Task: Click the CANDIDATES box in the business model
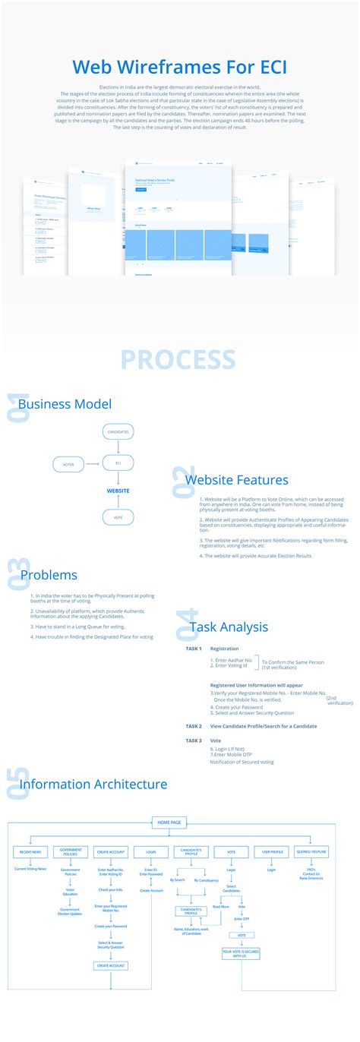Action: click(118, 432)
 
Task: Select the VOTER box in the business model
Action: click(68, 463)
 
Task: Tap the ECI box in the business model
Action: click(118, 463)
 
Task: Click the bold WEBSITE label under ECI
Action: click(118, 491)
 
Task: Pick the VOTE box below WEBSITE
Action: click(118, 517)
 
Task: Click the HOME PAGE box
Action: click(169, 822)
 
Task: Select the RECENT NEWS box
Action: click(30, 852)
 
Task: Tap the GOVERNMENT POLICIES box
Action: click(71, 852)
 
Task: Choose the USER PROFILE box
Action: click(271, 852)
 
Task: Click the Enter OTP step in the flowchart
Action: click(242, 919)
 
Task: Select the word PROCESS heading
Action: click(178, 359)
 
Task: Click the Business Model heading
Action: click(65, 404)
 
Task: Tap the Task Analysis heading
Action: click(229, 627)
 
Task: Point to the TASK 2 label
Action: click(194, 726)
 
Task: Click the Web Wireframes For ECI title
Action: click(180, 67)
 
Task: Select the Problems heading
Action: click(49, 575)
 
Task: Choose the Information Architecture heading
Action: click(93, 784)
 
